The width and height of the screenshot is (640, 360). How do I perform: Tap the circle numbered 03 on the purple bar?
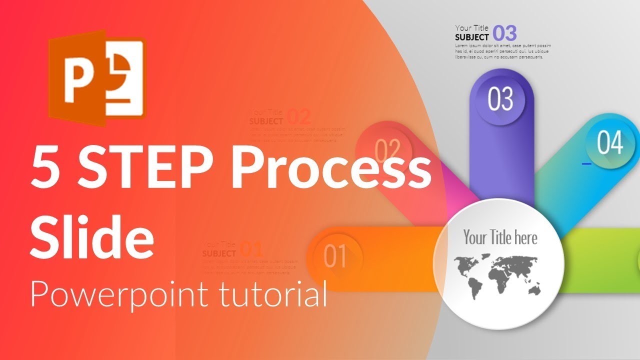click(x=500, y=99)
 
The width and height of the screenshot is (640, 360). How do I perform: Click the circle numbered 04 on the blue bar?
click(x=610, y=143)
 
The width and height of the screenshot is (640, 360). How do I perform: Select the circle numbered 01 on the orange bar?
click(x=335, y=256)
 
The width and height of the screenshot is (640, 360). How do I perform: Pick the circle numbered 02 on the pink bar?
click(x=387, y=148)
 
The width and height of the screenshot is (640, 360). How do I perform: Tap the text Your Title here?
click(x=500, y=237)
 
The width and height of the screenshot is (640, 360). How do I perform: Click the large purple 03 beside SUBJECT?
click(x=504, y=33)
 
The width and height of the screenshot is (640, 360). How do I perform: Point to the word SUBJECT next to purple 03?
click(x=472, y=37)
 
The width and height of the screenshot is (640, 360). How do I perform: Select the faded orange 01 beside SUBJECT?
click(x=251, y=249)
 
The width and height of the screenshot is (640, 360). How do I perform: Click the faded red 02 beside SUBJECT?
click(x=299, y=117)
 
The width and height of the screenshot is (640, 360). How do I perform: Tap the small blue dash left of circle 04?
click(x=586, y=163)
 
